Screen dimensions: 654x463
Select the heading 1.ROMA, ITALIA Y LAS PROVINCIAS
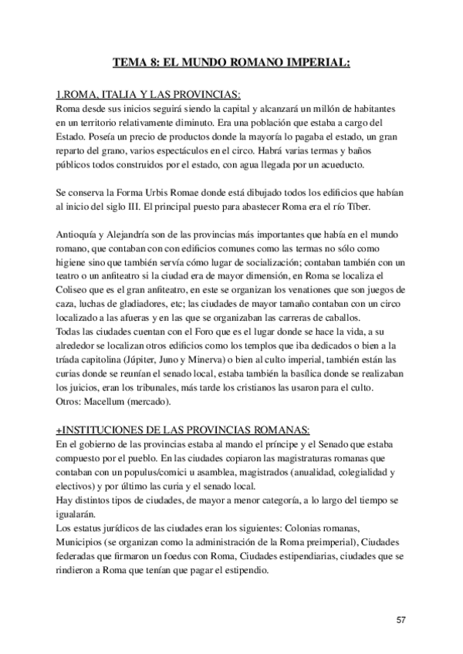tap(148, 96)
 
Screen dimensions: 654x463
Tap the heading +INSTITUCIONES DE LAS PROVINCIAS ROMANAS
tap(183, 429)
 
